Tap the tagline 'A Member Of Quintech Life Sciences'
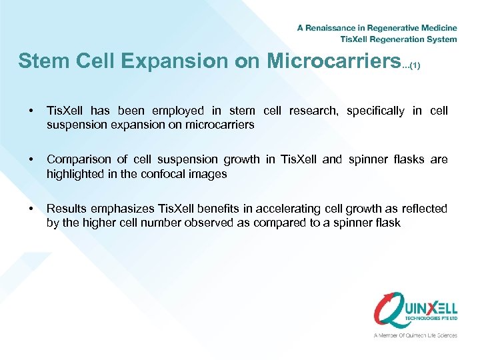tap(415, 335)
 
